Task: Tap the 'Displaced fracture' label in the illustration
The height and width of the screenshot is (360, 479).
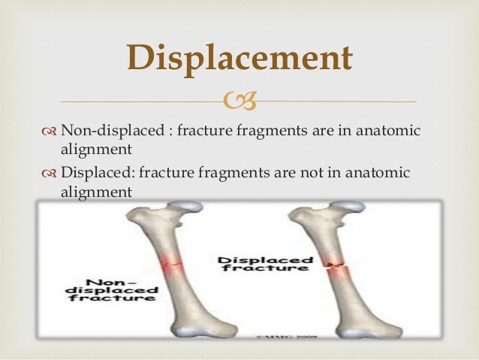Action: point(264,264)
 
